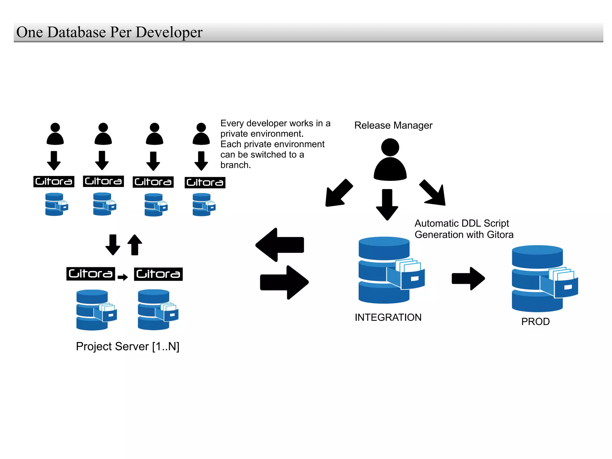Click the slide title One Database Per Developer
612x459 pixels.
109,32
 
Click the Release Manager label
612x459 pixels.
393,125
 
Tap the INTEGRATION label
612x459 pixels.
388,317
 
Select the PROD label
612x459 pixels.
535,322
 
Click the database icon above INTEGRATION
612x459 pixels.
388,270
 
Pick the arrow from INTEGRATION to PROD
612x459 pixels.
468,279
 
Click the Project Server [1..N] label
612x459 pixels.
128,347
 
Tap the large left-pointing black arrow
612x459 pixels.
280,245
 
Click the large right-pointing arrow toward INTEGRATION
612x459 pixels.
284,282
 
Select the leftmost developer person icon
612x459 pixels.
55,134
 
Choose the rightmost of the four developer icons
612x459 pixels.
201,134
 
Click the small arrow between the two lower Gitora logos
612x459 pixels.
123,277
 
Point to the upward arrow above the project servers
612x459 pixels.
135,245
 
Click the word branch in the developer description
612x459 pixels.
235,165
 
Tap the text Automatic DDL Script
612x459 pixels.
461,223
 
